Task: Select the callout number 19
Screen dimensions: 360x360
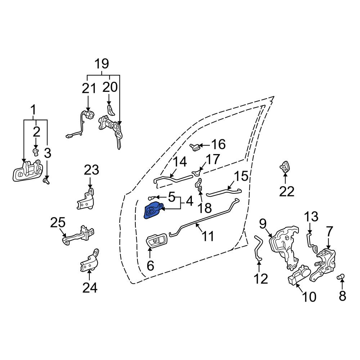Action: [102, 64]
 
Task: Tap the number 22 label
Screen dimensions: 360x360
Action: [287, 191]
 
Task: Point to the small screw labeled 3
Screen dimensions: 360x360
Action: [46, 181]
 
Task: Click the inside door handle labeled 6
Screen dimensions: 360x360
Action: [157, 241]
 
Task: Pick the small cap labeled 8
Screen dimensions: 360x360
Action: [341, 276]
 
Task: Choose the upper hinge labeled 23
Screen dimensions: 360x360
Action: [86, 199]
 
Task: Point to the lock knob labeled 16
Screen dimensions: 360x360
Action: [195, 147]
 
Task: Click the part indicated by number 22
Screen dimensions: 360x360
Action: [284, 166]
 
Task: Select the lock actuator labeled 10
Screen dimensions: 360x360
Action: [298, 275]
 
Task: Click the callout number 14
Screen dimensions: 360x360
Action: [180, 162]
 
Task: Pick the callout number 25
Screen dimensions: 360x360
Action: [58, 222]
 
